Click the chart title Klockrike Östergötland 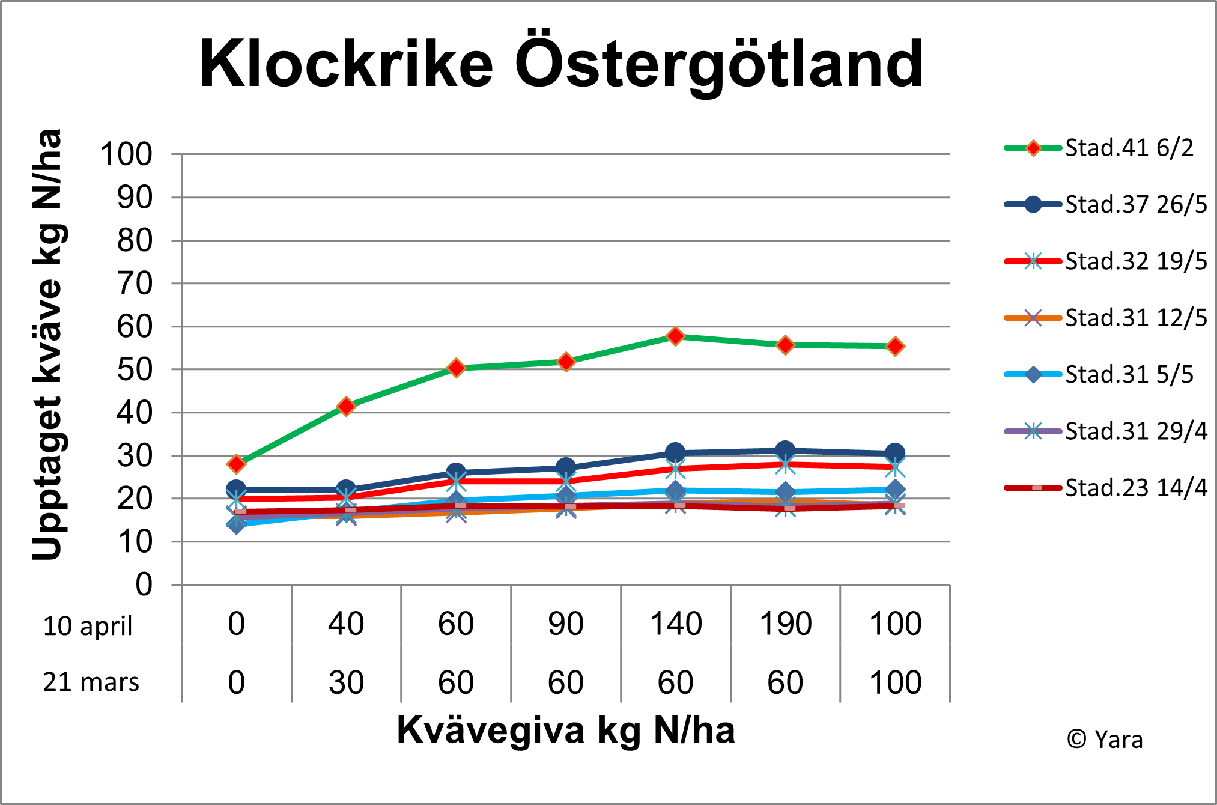561,64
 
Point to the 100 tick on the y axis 126,154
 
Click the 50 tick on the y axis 135,370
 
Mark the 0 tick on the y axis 144,585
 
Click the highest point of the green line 675,336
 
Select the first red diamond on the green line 236,464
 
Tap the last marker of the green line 895,346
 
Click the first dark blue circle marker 236,490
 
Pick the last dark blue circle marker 895,453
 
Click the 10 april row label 88,626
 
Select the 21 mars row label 91,682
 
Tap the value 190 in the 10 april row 785,624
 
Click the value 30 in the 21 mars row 346,683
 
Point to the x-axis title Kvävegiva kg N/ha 566,731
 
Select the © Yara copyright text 1105,740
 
